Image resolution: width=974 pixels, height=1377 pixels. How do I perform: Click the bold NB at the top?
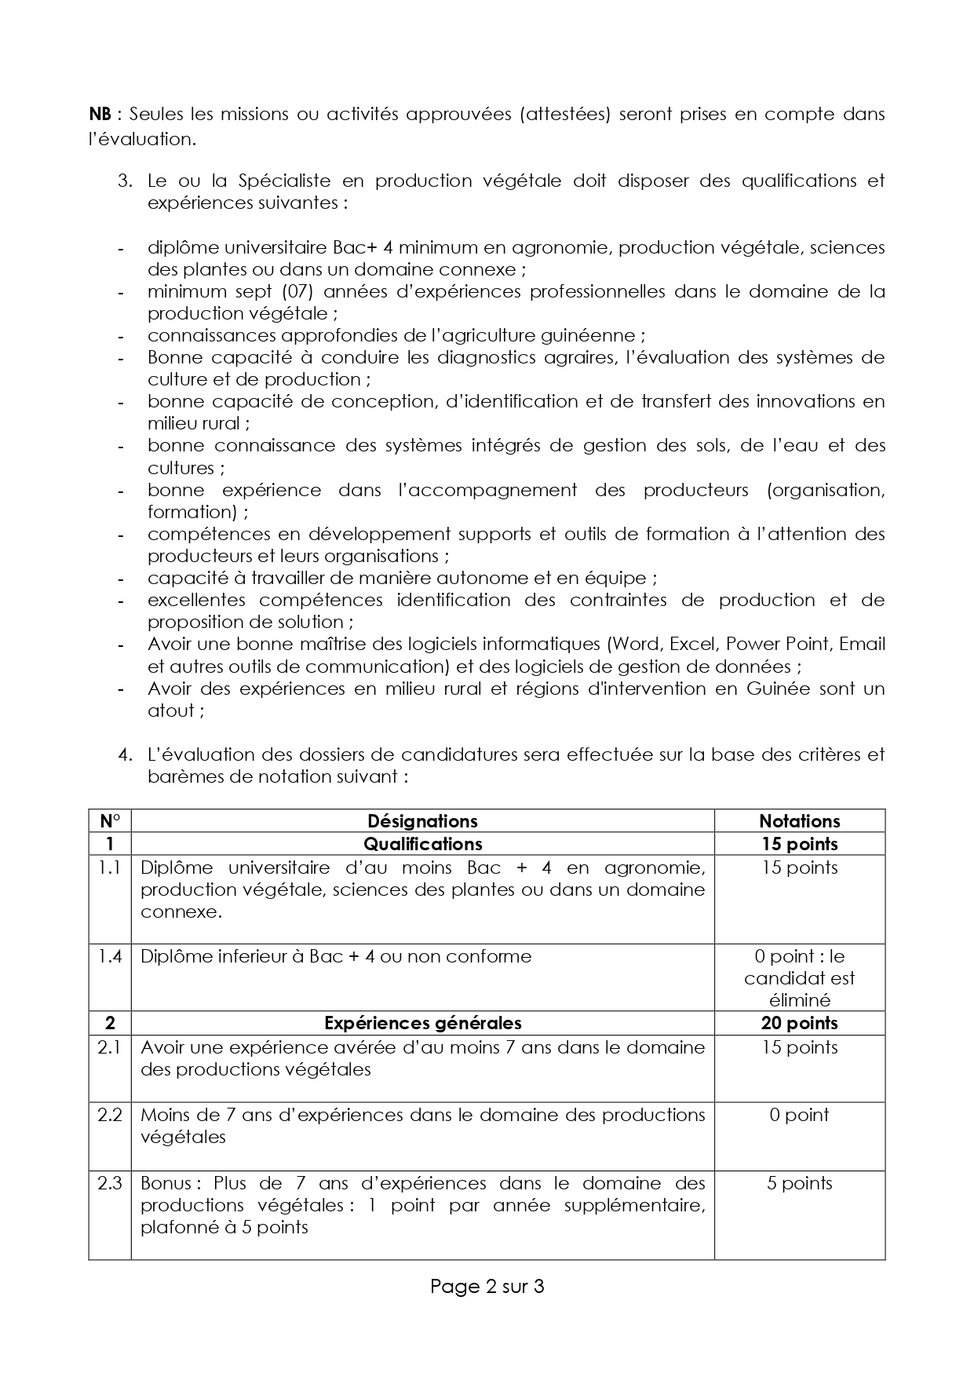click(100, 115)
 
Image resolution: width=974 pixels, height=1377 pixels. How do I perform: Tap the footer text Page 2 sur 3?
click(487, 1286)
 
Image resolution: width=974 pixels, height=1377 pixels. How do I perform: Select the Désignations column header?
click(422, 821)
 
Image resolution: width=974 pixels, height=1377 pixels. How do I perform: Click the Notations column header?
click(799, 821)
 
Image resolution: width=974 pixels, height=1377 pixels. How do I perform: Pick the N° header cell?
click(110, 821)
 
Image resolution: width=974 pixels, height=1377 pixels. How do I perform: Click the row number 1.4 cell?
click(110, 956)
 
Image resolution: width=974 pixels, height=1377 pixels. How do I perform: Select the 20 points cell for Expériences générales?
click(799, 1023)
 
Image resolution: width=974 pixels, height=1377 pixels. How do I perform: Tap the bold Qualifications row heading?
click(422, 844)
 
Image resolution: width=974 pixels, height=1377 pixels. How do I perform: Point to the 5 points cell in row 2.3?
click(799, 1183)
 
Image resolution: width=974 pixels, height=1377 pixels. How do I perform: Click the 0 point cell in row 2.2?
click(799, 1115)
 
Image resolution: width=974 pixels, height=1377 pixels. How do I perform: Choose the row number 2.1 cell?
click(110, 1047)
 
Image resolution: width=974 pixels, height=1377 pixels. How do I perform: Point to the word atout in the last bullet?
click(171, 711)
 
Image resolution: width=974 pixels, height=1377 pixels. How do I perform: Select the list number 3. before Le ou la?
click(125, 181)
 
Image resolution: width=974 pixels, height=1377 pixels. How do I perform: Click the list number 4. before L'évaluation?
click(125, 755)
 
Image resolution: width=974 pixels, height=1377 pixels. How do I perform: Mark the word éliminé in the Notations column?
click(799, 1000)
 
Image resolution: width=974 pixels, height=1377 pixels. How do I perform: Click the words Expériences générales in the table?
click(422, 1023)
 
